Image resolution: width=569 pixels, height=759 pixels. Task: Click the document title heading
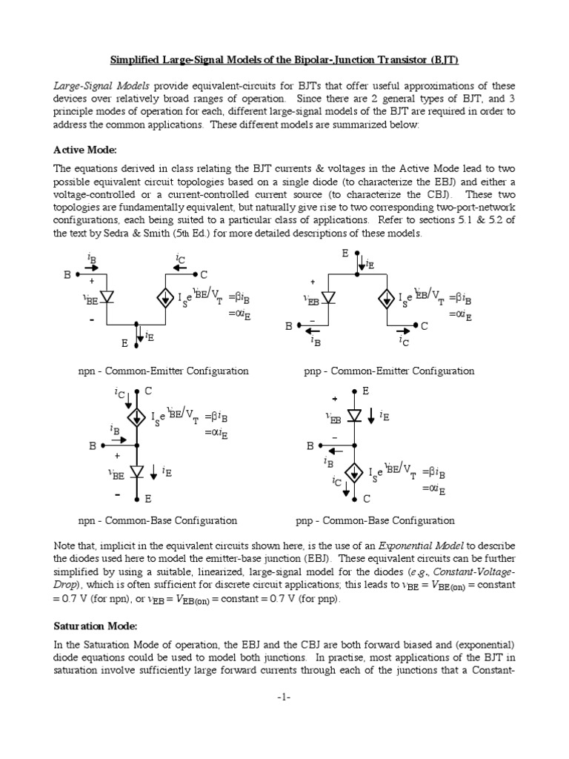284,59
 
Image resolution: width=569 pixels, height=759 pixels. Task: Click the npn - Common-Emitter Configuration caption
163,371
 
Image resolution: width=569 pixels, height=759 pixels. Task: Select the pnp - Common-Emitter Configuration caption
385,371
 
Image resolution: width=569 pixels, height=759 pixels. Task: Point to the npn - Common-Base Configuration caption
157,520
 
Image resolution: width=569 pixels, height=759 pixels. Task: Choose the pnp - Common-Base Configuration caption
376,520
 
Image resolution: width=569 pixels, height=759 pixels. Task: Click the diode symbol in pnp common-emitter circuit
329,298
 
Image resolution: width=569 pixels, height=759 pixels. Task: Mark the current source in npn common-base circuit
136,417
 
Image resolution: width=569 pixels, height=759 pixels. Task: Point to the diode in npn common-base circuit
136,471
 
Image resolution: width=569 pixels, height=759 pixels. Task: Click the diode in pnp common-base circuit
356,417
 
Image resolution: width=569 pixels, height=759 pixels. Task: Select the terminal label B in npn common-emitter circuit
67,274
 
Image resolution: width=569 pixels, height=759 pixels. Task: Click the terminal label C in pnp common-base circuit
366,499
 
